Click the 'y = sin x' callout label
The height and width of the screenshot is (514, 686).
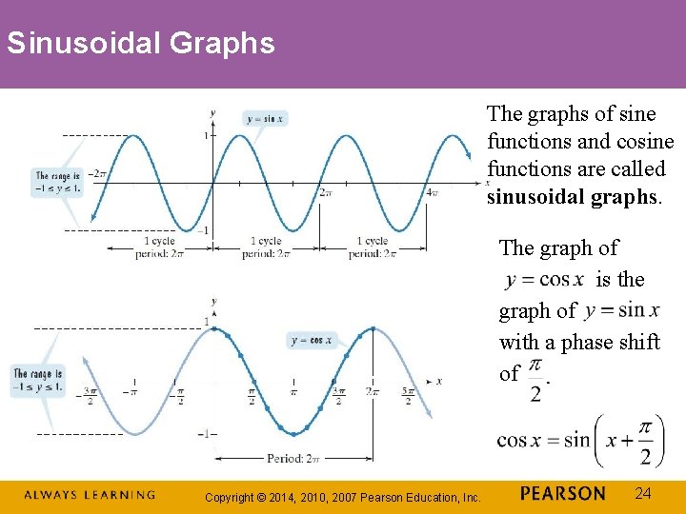pyautogui.click(x=264, y=119)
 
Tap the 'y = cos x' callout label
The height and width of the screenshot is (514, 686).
pyautogui.click(x=312, y=340)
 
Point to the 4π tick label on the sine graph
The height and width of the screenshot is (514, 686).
pyautogui.click(x=431, y=192)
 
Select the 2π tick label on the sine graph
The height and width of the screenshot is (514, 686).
pyautogui.click(x=325, y=192)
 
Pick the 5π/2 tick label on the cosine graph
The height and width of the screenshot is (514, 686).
pyautogui.click(x=407, y=395)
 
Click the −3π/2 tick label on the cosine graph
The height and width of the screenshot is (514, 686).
pyautogui.click(x=91, y=395)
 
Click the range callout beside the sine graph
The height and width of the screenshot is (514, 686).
pyautogui.click(x=57, y=182)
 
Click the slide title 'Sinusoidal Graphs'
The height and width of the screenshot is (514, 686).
pyautogui.click(x=140, y=43)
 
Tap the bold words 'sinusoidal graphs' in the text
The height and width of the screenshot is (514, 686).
pyautogui.click(x=574, y=196)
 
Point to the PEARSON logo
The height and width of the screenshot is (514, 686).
pyautogui.click(x=562, y=493)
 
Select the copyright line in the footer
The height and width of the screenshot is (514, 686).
pyautogui.click(x=343, y=496)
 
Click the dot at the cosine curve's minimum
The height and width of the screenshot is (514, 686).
pyautogui.click(x=293, y=433)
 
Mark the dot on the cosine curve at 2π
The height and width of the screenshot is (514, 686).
pyautogui.click(x=373, y=328)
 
